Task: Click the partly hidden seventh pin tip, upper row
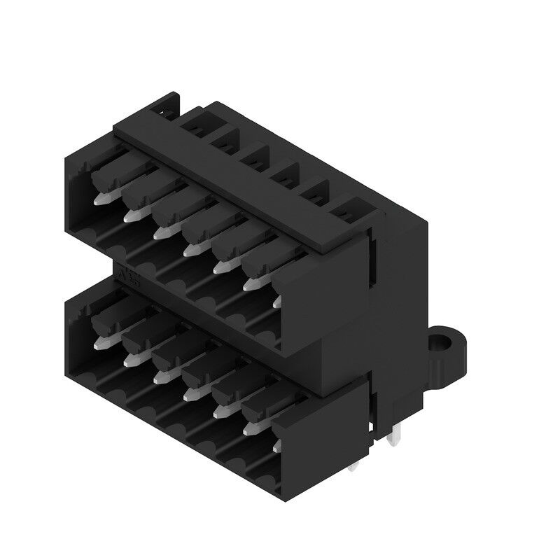pyautogui.click(x=276, y=301)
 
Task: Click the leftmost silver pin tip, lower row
pyautogui.click(x=99, y=343)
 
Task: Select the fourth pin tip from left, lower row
pyautogui.click(x=189, y=393)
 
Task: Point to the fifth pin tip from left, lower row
pyautogui.click(x=219, y=412)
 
